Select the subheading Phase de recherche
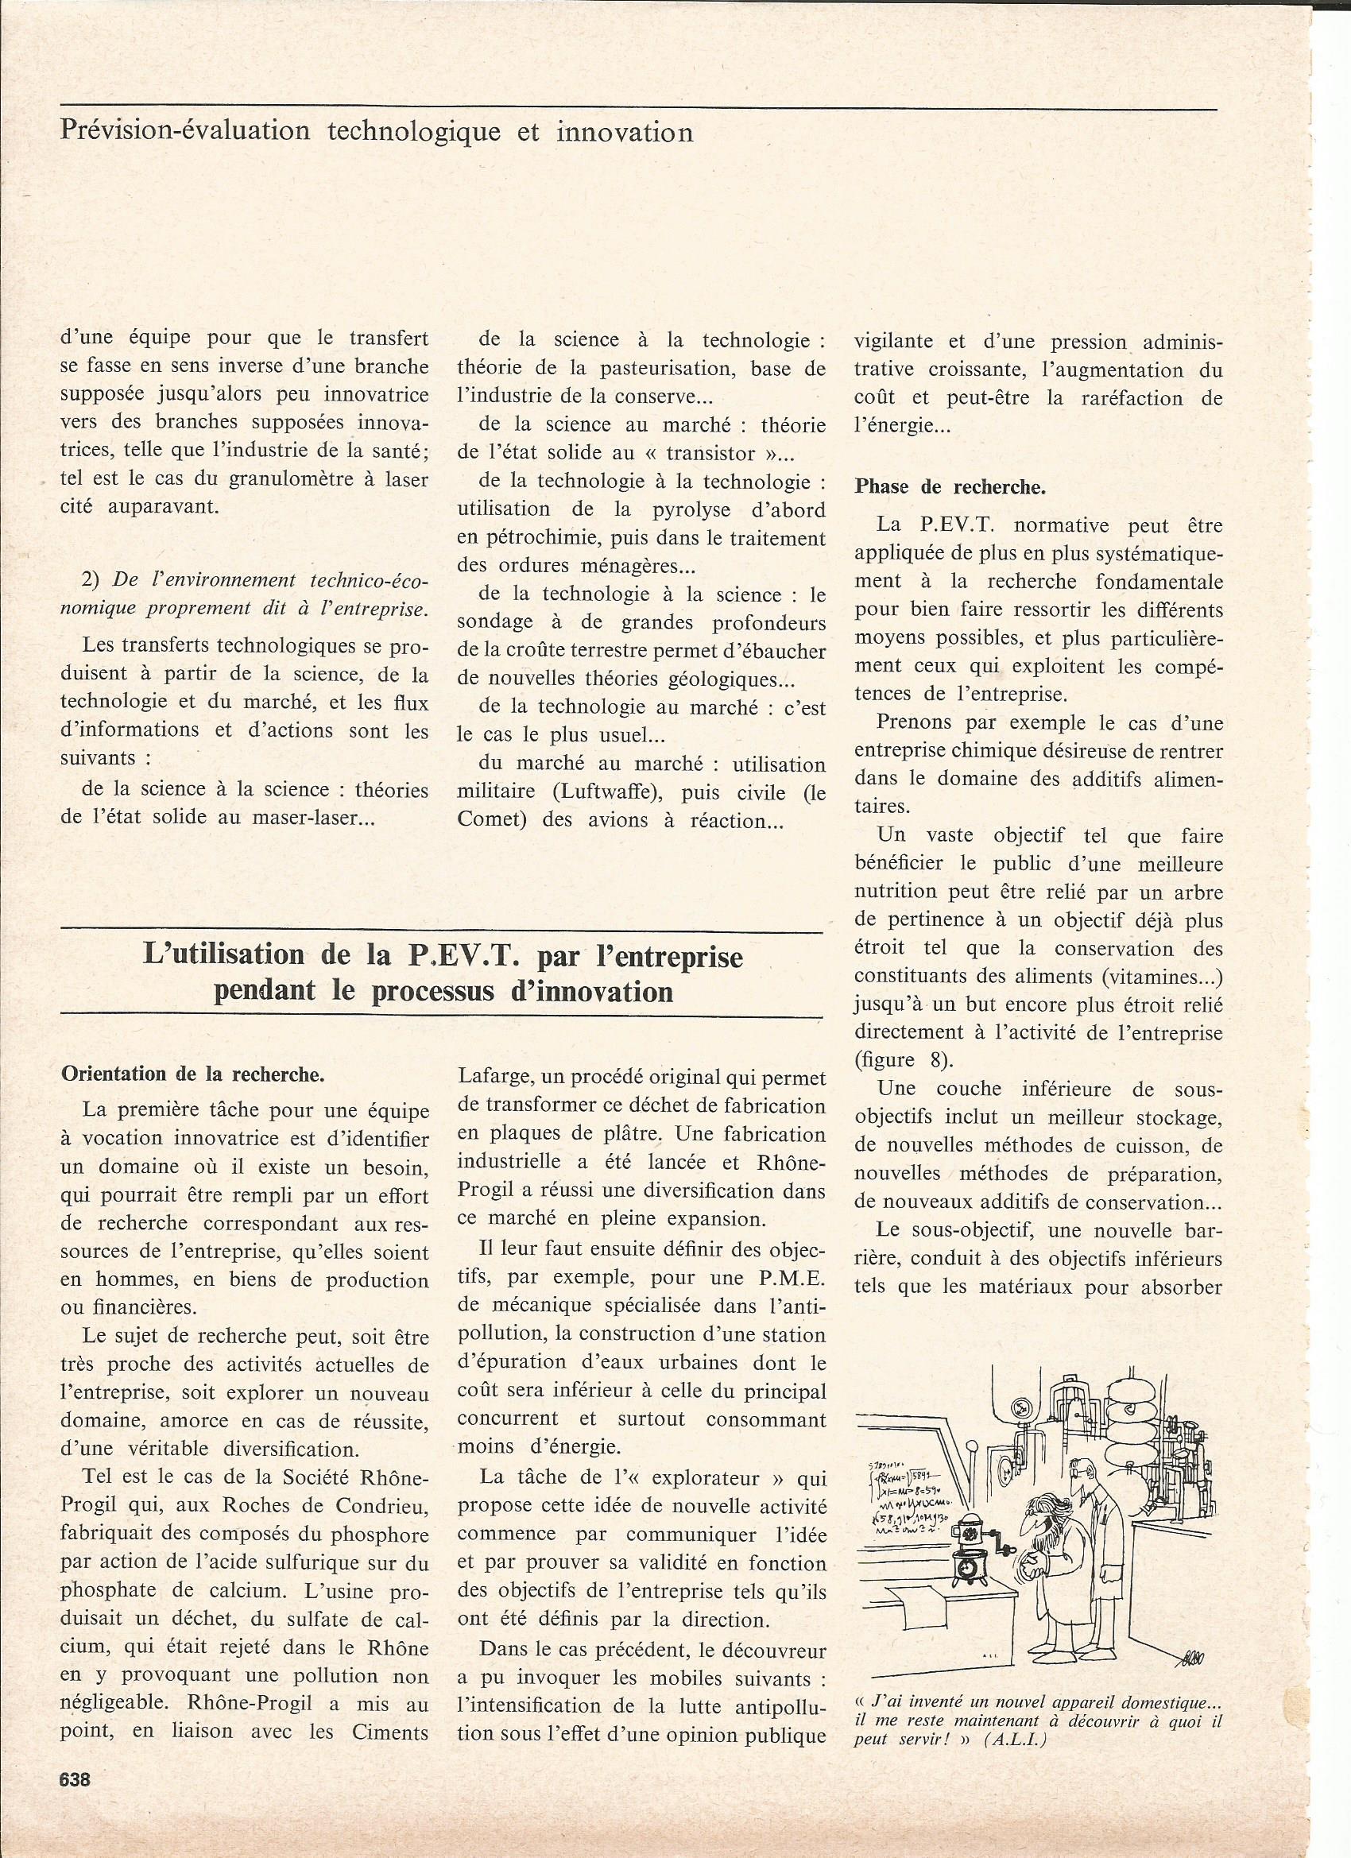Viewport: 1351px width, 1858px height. pyautogui.click(x=950, y=486)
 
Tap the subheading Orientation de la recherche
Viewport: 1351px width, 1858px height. pyautogui.click(x=192, y=1074)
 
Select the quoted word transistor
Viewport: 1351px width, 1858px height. pyautogui.click(x=705, y=453)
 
